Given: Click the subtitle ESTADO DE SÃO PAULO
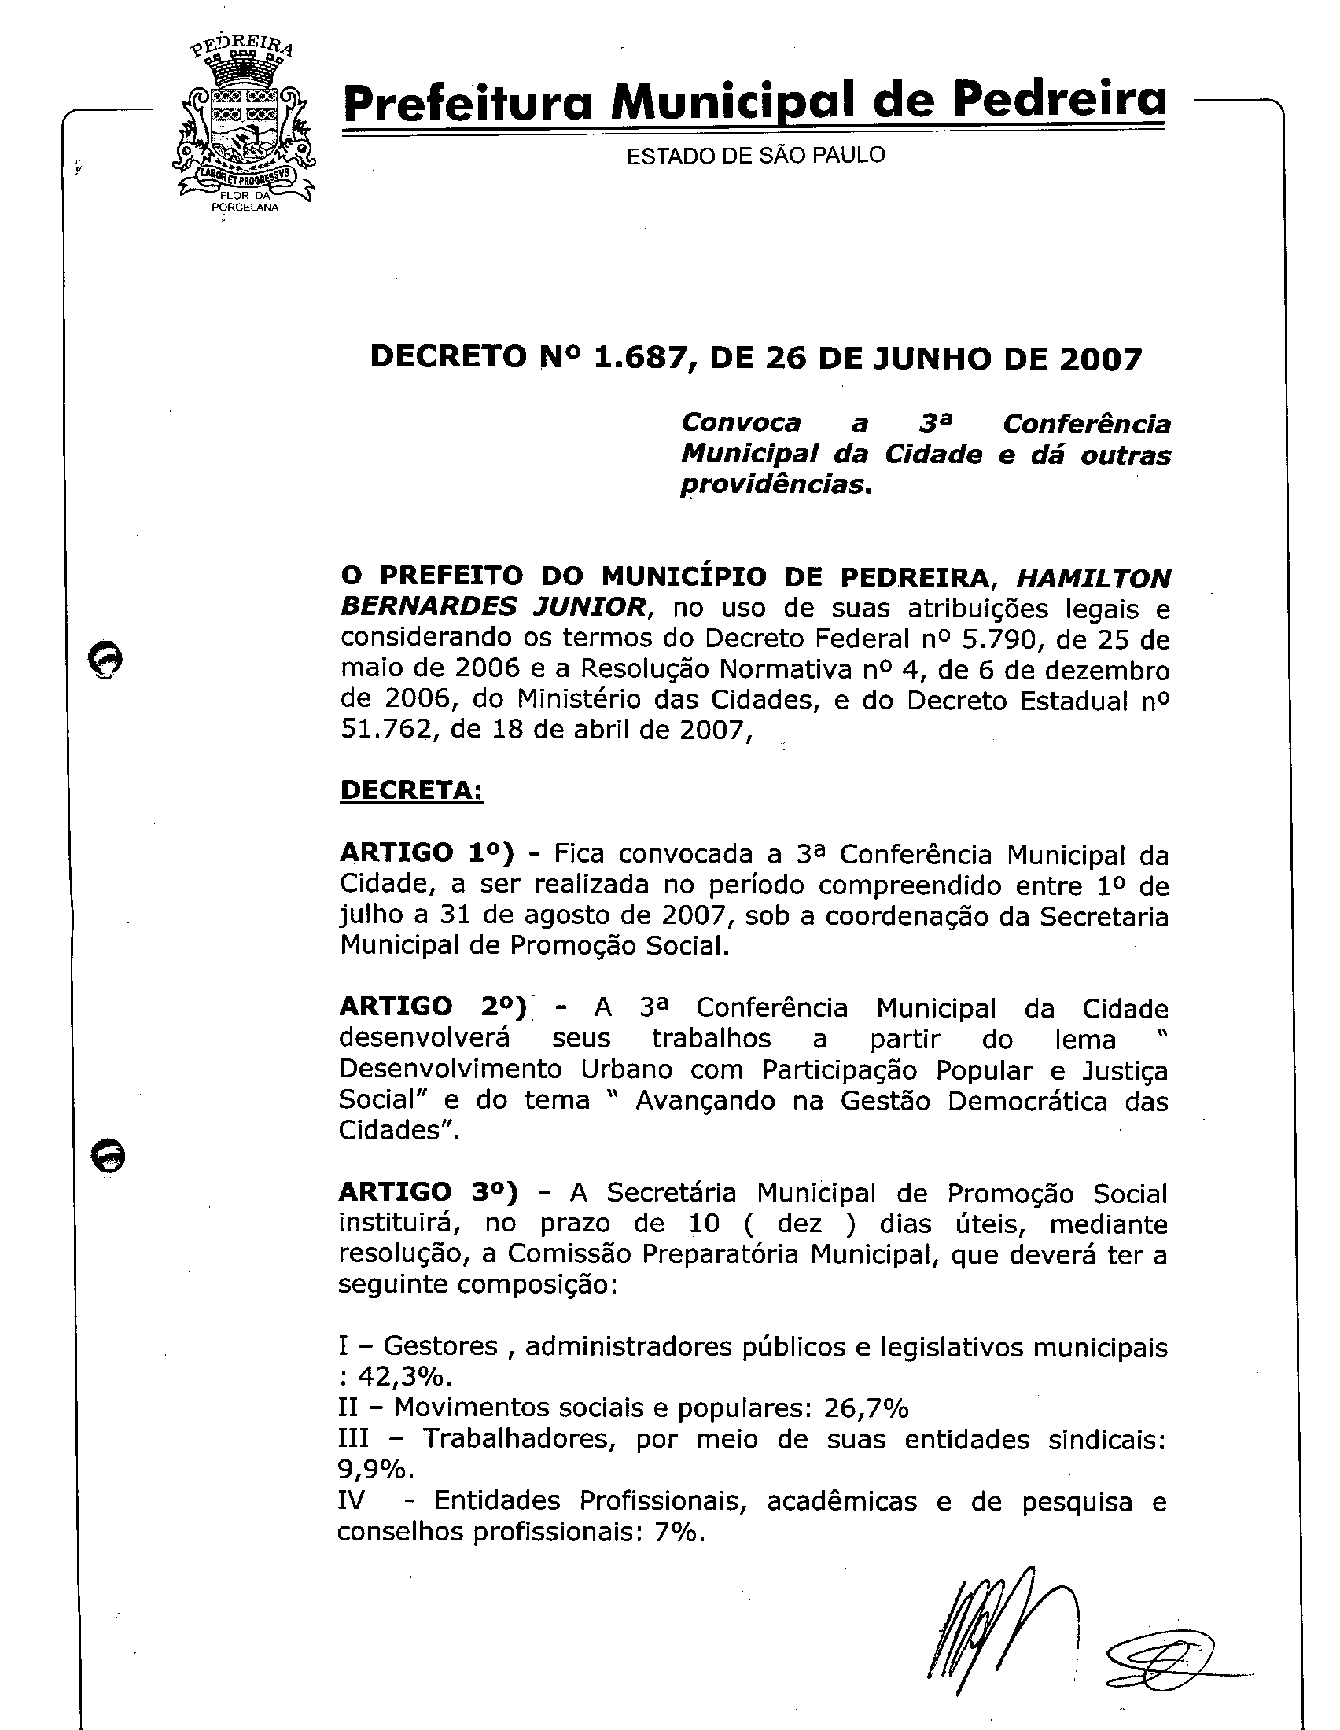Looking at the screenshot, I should pos(756,155).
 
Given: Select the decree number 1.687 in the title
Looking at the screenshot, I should pos(641,359).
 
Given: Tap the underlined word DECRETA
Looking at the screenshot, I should pos(411,790).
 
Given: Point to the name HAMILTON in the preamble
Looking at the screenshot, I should pos(1093,578).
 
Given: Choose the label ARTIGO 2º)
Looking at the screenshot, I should pos(433,1007).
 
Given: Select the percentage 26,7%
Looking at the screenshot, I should pos(867,1408).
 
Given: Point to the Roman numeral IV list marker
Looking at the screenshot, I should pos(351,1500).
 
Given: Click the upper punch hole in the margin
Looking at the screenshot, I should pos(106,659).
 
